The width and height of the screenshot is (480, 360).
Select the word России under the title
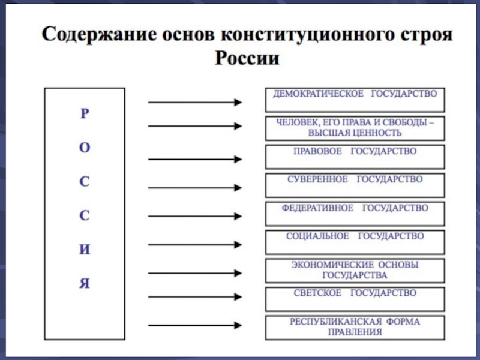247,58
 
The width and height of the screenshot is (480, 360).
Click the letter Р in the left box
85,113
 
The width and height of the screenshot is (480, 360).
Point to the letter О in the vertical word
85,148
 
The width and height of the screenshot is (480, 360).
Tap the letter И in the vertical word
85,250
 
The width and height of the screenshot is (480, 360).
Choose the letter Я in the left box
85,283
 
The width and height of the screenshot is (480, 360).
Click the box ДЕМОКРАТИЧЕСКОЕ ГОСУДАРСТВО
355,100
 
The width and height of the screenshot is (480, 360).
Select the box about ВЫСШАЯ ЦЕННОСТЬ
355,128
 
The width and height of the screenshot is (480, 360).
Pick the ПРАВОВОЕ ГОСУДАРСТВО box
355,157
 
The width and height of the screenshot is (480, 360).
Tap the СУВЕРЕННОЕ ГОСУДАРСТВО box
355,185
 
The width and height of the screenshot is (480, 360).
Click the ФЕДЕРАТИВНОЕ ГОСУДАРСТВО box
355,214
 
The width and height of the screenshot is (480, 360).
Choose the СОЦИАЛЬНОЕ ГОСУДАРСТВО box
355,242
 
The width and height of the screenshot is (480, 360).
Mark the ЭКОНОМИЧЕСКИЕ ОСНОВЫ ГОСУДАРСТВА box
355,271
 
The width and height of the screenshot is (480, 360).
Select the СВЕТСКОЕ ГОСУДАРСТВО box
355,299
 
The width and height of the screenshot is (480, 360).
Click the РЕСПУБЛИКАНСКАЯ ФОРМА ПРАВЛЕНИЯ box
355,328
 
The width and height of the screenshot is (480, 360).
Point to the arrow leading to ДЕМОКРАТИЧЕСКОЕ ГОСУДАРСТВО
195,102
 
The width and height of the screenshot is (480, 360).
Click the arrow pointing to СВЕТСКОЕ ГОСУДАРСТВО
195,296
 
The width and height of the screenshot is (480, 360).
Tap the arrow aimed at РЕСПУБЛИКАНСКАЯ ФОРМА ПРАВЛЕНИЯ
195,325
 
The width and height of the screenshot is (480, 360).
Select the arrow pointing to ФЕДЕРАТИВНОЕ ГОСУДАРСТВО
195,216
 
